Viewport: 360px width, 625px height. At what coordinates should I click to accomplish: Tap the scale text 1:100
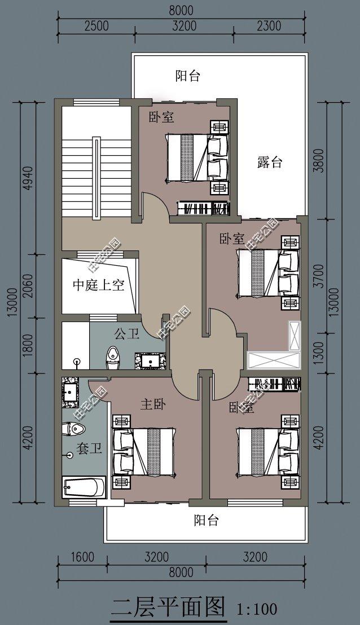pyautogui.click(x=257, y=609)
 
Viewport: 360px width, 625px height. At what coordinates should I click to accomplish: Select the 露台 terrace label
pyautogui.click(x=269, y=163)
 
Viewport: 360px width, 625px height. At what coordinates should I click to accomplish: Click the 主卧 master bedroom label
pyautogui.click(x=152, y=404)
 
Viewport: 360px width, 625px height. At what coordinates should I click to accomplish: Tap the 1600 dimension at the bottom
pyautogui.click(x=83, y=558)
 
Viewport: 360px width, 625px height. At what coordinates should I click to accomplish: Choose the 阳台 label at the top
pyautogui.click(x=187, y=76)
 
